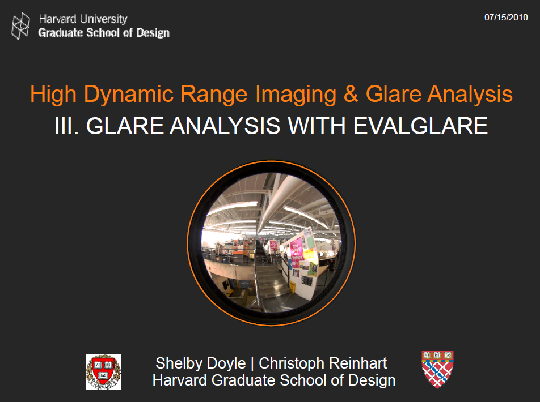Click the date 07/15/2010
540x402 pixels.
[506, 18]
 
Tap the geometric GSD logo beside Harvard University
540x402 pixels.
[20, 26]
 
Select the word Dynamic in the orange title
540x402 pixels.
[128, 94]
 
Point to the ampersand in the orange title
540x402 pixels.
[351, 94]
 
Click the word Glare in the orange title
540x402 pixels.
[393, 94]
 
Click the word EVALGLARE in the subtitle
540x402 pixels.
[420, 126]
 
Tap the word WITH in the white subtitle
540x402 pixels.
[317, 126]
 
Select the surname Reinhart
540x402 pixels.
[358, 363]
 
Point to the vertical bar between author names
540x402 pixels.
[252, 364]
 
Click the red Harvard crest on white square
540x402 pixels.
[103, 372]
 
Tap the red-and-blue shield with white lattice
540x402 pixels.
[437, 369]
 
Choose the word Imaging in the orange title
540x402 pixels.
[296, 94]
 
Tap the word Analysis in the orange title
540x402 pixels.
[470, 94]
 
